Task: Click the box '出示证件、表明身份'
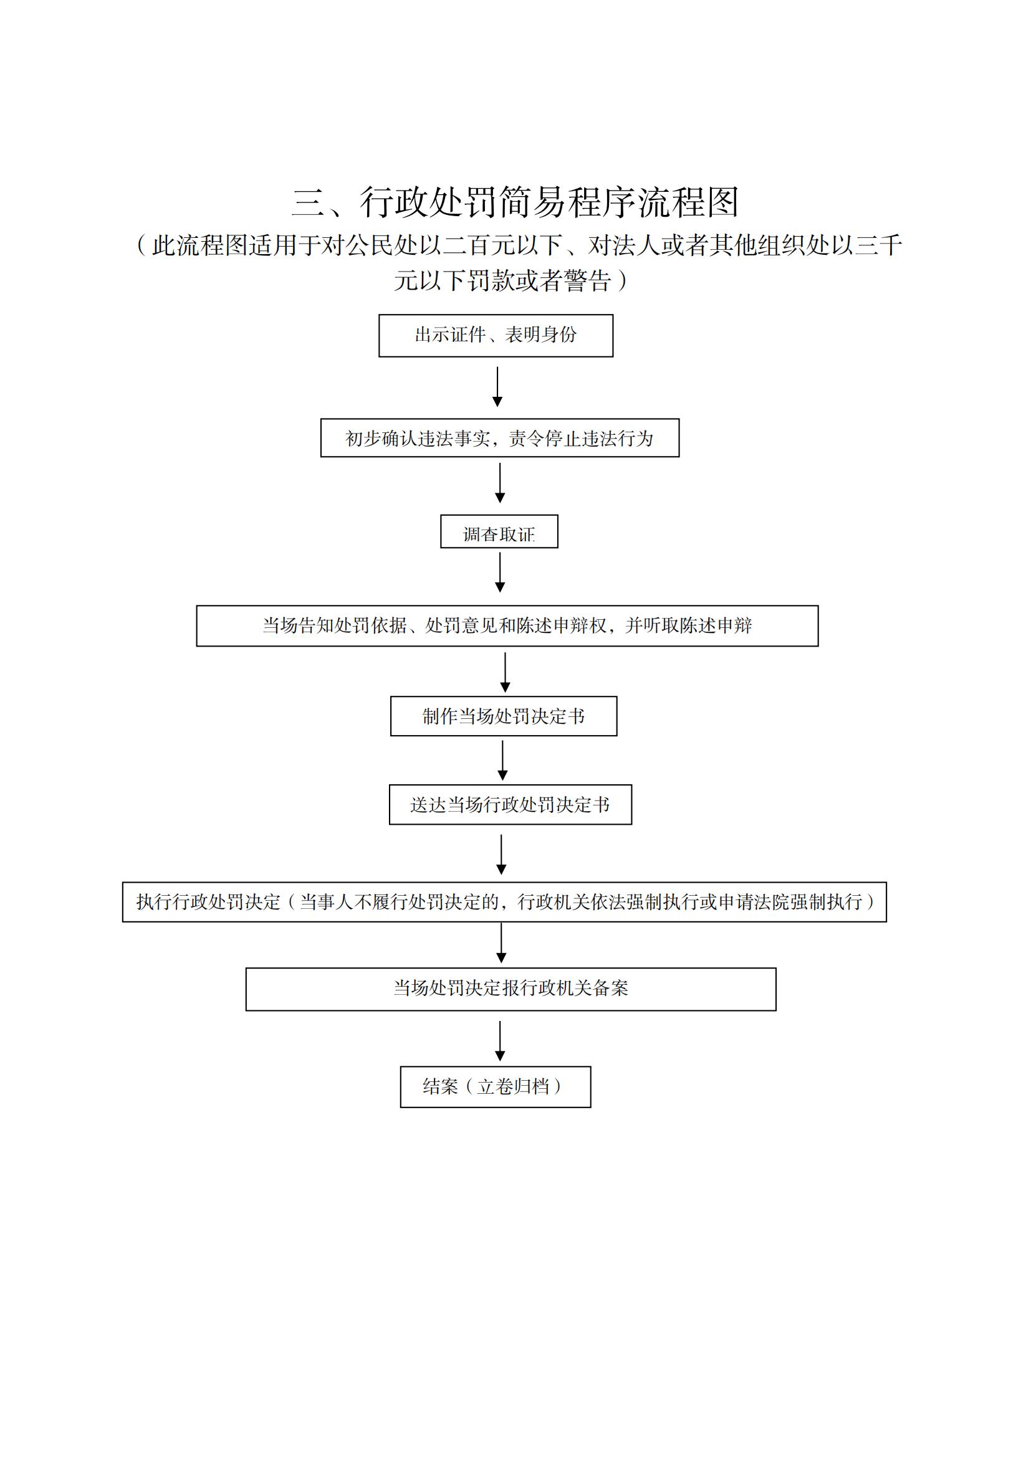point(496,336)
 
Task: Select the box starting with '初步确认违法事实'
point(500,438)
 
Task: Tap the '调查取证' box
point(499,531)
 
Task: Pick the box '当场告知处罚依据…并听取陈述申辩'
point(507,625)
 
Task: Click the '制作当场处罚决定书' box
point(504,716)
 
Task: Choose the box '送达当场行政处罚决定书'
point(511,805)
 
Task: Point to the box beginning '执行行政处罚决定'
point(504,902)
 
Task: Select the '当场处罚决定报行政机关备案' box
point(511,989)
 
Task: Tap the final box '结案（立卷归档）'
point(495,1087)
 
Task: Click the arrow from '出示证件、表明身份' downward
point(497,386)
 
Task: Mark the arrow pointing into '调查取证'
point(500,483)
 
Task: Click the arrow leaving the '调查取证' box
point(500,572)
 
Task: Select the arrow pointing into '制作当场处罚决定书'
point(505,673)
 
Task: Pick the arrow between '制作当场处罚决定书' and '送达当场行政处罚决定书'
point(502,761)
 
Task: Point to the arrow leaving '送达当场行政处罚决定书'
point(501,855)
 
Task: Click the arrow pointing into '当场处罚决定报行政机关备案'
point(501,943)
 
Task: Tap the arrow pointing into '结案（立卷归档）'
point(500,1042)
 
